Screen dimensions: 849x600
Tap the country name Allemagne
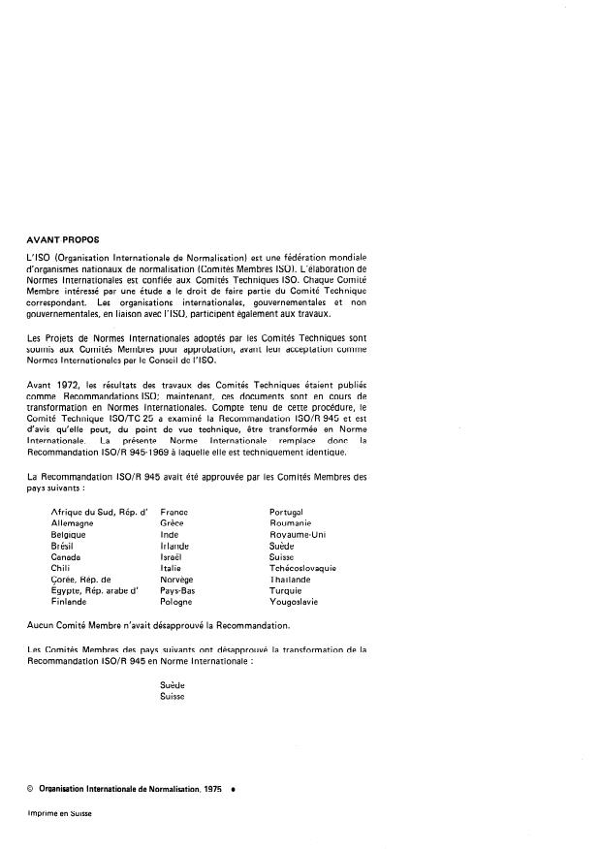point(73,522)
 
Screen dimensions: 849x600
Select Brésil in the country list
point(64,546)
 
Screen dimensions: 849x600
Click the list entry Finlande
point(69,601)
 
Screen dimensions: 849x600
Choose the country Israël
point(171,557)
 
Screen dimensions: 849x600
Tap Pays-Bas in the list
point(177,589)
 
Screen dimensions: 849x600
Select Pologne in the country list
point(175,601)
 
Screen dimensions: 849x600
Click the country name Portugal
point(286,511)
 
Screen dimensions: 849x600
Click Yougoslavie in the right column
point(294,601)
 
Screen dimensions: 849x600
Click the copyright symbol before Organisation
point(32,791)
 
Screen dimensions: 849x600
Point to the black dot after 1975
point(233,791)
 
